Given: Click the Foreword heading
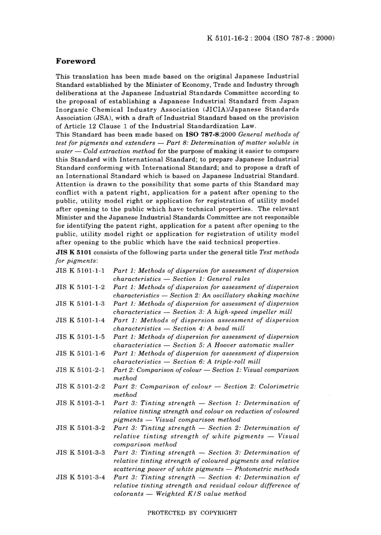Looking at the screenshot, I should coord(75,61).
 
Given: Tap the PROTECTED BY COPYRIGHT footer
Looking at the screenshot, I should coord(192,513).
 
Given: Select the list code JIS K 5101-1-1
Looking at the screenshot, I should coord(80,271).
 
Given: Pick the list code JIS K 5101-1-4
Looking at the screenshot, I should coord(80,320).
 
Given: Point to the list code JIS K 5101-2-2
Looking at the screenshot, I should coord(80,387).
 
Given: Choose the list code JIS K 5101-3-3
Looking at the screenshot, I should coord(80,453).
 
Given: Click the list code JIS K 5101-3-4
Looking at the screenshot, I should coord(80,477).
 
